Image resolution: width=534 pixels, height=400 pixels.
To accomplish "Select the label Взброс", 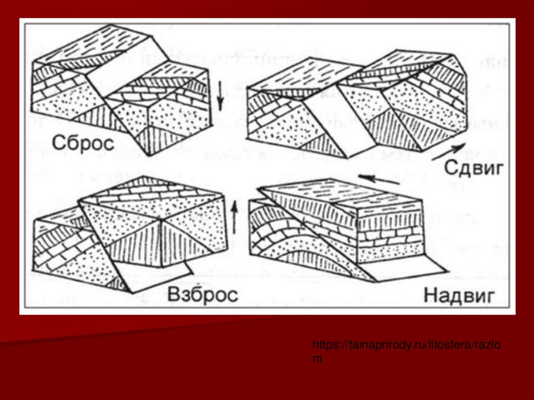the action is pos(203,295).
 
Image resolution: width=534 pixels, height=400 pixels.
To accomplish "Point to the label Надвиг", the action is pos(458,295).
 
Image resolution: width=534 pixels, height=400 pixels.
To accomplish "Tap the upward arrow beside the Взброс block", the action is pos(234,216).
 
